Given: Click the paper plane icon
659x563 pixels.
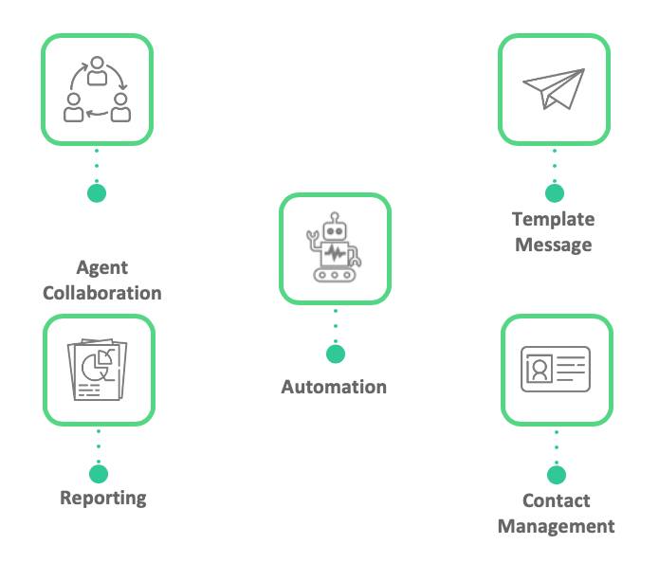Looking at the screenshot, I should pyautogui.click(x=555, y=90).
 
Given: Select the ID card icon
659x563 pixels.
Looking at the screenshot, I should pyautogui.click(x=556, y=370).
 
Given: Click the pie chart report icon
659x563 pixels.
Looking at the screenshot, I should pyautogui.click(x=99, y=370).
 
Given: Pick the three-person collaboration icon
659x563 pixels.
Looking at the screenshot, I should pyautogui.click(x=97, y=90).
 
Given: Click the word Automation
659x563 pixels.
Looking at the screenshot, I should pyautogui.click(x=334, y=387).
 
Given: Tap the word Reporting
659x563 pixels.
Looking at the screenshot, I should pyautogui.click(x=103, y=497).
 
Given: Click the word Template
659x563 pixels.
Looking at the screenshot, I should pyautogui.click(x=554, y=219).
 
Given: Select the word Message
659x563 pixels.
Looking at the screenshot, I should pyautogui.click(x=554, y=244).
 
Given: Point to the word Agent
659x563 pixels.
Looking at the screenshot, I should pyautogui.click(x=102, y=267).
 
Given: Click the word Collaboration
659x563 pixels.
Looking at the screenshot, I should pyautogui.click(x=102, y=292).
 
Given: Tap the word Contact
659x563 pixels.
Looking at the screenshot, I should pyautogui.click(x=557, y=500).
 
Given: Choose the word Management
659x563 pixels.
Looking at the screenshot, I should pyautogui.click(x=557, y=525).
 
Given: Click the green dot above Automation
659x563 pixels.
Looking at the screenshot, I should pyautogui.click(x=336, y=354).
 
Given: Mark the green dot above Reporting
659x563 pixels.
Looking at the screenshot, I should pyautogui.click(x=98, y=473).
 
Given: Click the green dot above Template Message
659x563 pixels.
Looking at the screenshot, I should pyautogui.click(x=555, y=192).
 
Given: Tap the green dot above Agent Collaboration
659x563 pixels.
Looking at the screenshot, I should pyautogui.click(x=97, y=192).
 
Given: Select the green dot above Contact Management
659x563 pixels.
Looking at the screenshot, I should pyautogui.click(x=557, y=475).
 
